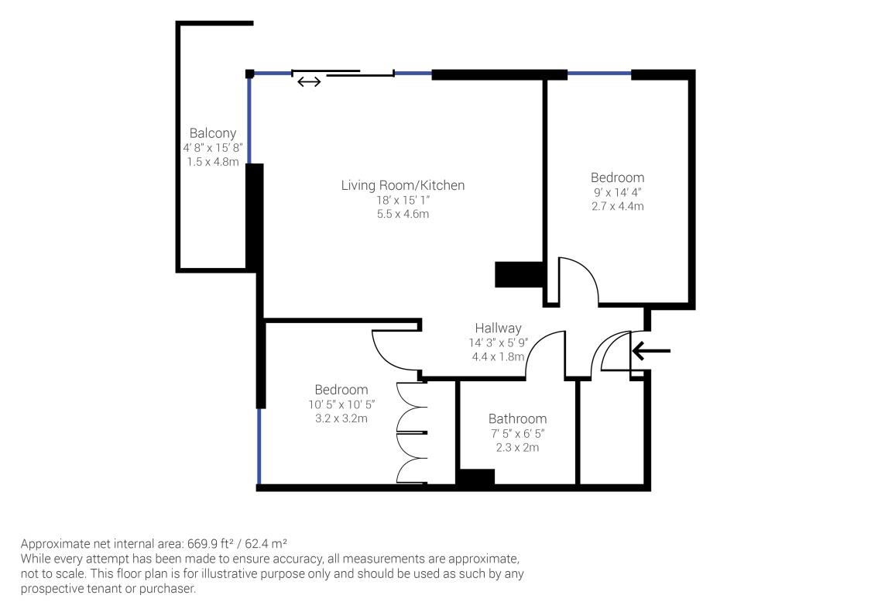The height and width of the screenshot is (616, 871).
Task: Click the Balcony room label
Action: click(x=213, y=133)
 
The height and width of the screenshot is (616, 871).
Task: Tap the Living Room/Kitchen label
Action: click(x=403, y=186)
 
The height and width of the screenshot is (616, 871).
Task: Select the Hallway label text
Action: click(x=499, y=328)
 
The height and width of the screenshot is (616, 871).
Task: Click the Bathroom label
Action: click(x=517, y=418)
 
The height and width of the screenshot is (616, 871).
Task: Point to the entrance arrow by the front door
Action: click(x=651, y=351)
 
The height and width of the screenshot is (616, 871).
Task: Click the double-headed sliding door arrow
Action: click(x=309, y=82)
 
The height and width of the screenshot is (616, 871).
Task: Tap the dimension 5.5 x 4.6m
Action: click(x=403, y=214)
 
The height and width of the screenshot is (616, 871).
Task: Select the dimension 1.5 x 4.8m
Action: click(x=213, y=162)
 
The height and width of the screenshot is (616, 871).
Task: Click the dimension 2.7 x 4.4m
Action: click(x=618, y=206)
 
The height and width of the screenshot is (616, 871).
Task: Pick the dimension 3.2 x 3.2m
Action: click(x=341, y=418)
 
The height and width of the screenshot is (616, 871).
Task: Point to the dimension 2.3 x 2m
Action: click(x=517, y=448)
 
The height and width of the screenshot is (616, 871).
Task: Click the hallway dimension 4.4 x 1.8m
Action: click(x=499, y=357)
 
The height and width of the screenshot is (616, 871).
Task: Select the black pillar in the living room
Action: click(x=519, y=274)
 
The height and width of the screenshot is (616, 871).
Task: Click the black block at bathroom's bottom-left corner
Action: click(x=475, y=478)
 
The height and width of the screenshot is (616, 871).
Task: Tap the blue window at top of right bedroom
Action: click(x=599, y=73)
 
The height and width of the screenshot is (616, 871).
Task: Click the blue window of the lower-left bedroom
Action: click(x=259, y=446)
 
